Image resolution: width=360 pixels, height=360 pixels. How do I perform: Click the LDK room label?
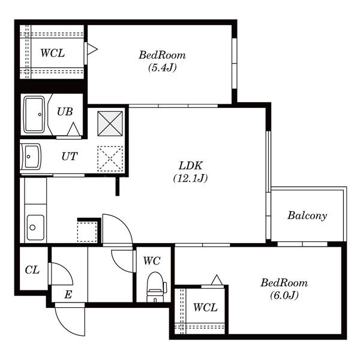pyautogui.click(x=191, y=166)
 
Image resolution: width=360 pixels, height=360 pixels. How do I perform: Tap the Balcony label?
pyautogui.click(x=307, y=215)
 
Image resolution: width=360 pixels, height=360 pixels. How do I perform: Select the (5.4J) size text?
pyautogui.click(x=163, y=67)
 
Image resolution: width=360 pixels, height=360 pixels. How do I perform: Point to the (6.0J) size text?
pyautogui.click(x=284, y=295)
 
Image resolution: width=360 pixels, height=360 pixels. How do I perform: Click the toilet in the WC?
pyautogui.click(x=157, y=287)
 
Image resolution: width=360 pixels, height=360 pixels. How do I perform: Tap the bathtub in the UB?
pyautogui.click(x=34, y=115)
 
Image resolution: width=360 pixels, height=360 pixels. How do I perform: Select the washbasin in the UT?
pyautogui.click(x=31, y=156)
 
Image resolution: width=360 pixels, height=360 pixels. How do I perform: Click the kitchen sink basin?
pyautogui.click(x=35, y=227)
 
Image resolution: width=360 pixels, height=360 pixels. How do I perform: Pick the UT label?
pyautogui.click(x=70, y=157)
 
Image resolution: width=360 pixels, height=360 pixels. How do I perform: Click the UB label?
pyautogui.click(x=65, y=112)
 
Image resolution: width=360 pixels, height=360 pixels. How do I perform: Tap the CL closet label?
pyautogui.click(x=32, y=270)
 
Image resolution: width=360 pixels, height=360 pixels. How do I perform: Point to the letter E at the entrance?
pyautogui.click(x=68, y=295)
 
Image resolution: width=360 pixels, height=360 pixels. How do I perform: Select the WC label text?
pyautogui.click(x=152, y=261)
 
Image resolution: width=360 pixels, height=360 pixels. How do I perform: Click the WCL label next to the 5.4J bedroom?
pyautogui.click(x=53, y=53)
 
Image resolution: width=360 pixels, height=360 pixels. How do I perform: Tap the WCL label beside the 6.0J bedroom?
pyautogui.click(x=205, y=307)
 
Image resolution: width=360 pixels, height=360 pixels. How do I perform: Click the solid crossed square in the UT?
pyautogui.click(x=110, y=124)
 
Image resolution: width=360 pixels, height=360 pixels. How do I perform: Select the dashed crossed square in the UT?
pyautogui.click(x=110, y=158)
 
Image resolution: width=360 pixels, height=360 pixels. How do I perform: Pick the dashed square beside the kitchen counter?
pyautogui.click(x=87, y=232)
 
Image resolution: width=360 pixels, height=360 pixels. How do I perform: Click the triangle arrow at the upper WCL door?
pyautogui.click(x=92, y=49)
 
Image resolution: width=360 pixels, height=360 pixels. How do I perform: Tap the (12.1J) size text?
pyautogui.click(x=191, y=178)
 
